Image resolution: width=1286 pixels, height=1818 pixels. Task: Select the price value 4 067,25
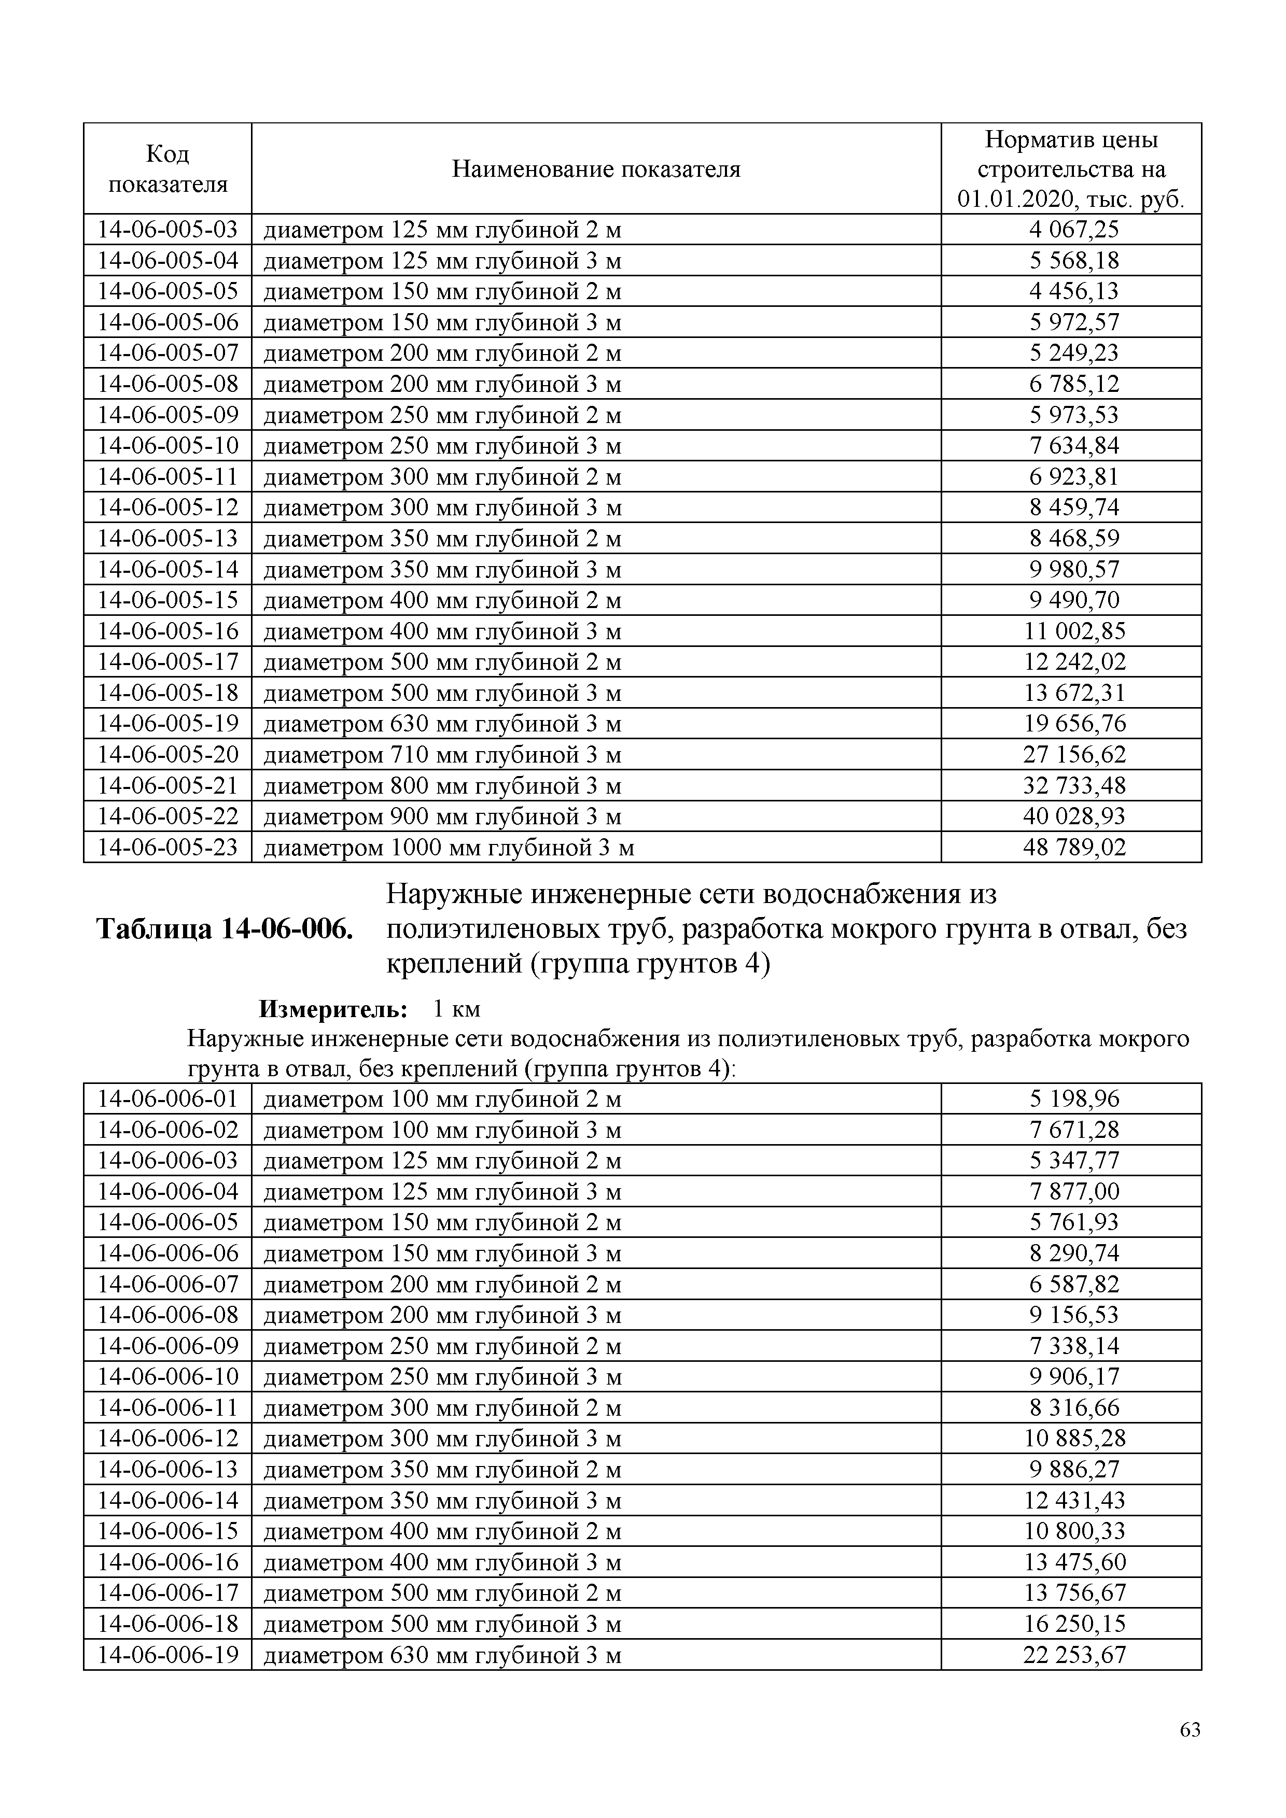click(x=1074, y=230)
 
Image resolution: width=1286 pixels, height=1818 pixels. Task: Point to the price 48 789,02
click(x=1074, y=847)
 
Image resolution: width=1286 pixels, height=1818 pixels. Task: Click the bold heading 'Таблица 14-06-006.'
click(x=224, y=929)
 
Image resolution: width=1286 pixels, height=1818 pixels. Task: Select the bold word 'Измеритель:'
click(x=333, y=1009)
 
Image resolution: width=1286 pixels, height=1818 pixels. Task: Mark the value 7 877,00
click(x=1074, y=1192)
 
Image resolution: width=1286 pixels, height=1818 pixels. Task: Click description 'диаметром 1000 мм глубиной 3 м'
click(x=448, y=847)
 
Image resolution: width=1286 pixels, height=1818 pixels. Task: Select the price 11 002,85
click(x=1074, y=631)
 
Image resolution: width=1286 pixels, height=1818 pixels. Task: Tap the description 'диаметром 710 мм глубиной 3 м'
click(x=442, y=755)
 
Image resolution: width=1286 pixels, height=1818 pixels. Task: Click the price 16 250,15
click(x=1074, y=1624)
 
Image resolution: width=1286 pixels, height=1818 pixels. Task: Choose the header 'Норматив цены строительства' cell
click(x=1071, y=168)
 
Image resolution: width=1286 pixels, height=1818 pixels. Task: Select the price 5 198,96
click(x=1074, y=1099)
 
